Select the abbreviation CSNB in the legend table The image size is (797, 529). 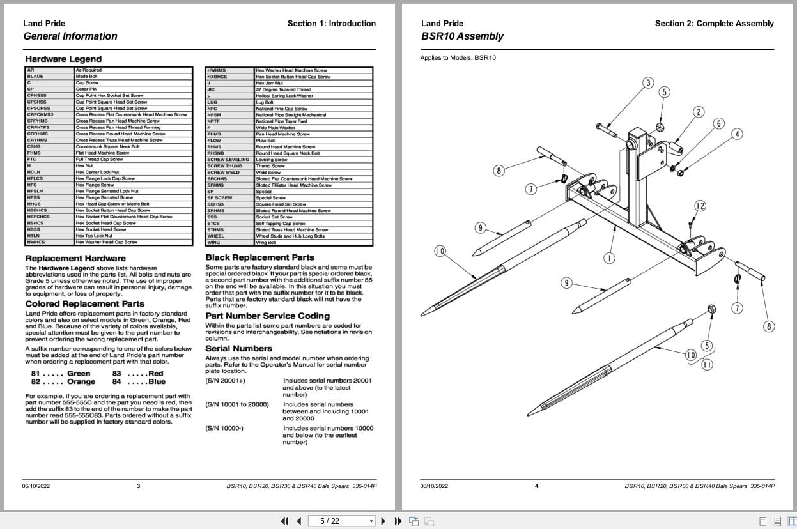coord(34,146)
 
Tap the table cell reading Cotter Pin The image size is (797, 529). coord(86,89)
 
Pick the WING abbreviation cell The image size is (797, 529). coord(213,242)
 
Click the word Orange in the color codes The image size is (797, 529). coord(81,381)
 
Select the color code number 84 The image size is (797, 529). coord(116,381)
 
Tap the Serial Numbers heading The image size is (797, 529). coord(238,348)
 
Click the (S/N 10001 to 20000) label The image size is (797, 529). coord(236,404)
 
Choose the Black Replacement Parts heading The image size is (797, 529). coord(259,257)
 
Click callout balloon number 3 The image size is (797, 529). coord(648,82)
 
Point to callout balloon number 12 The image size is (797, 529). coord(700,205)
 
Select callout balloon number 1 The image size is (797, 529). coord(609,258)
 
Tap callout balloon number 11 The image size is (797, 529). coord(706,365)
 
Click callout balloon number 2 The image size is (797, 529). coord(698,112)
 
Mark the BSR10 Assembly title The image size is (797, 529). coord(462,36)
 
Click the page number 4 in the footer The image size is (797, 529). coord(536,486)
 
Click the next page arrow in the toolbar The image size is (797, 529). coord(383,521)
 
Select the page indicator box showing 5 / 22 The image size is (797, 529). coord(341,521)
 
